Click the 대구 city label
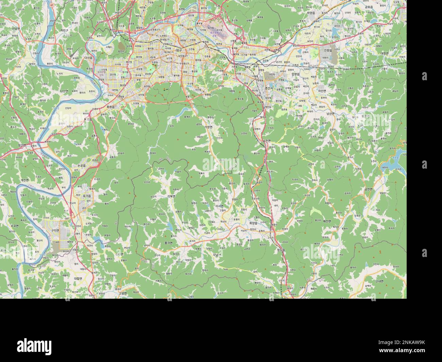[x=179, y=50]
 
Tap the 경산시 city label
[x=270, y=88]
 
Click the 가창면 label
[x=208, y=127]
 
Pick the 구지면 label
[x=55, y=230]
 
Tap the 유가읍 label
[x=87, y=196]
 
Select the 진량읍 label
[x=328, y=50]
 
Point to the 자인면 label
[x=322, y=91]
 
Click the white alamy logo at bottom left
[x=34, y=345]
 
